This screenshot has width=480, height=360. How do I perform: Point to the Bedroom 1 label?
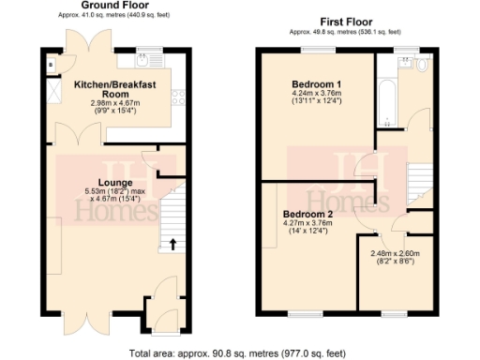pyautogui.click(x=316, y=84)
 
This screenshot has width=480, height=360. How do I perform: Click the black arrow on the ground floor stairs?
pyautogui.click(x=172, y=246)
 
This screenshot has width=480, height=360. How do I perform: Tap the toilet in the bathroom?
pyautogui.click(x=421, y=67)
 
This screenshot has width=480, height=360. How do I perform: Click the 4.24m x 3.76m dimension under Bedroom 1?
pyautogui.click(x=316, y=94)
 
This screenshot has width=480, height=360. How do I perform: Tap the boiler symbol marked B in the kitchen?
pyautogui.click(x=52, y=65)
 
